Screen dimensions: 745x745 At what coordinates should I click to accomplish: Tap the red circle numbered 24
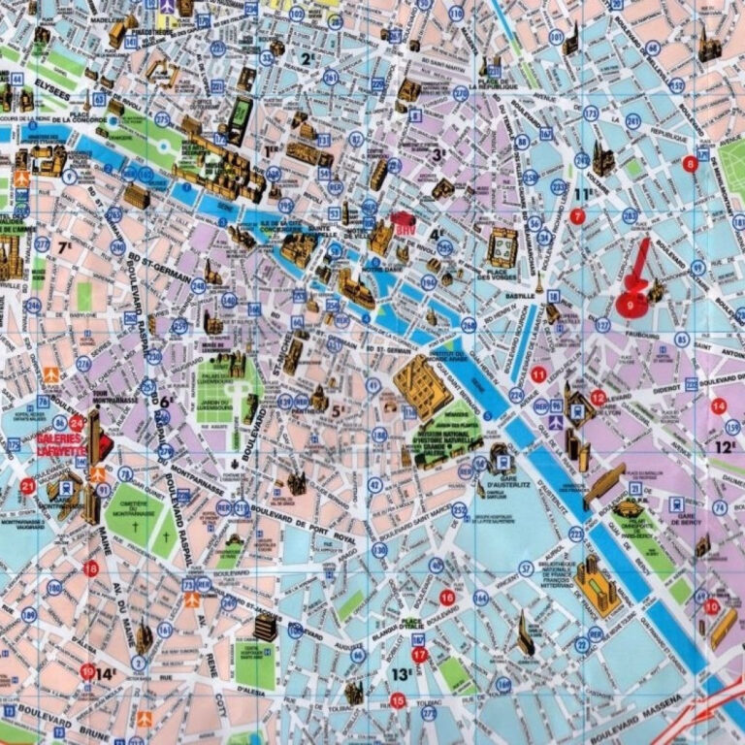click(x=77, y=423)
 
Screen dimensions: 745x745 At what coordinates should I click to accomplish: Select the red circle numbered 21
click(x=28, y=486)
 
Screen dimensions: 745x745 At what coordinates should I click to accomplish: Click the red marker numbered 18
click(x=91, y=568)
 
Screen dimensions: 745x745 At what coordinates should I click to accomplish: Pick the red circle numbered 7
click(x=577, y=216)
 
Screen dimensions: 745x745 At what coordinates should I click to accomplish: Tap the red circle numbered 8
click(x=691, y=164)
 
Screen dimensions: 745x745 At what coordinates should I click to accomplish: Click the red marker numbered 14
click(x=718, y=406)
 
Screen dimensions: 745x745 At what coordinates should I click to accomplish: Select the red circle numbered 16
click(x=446, y=597)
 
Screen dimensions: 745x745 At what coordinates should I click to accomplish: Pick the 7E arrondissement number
click(x=65, y=248)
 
